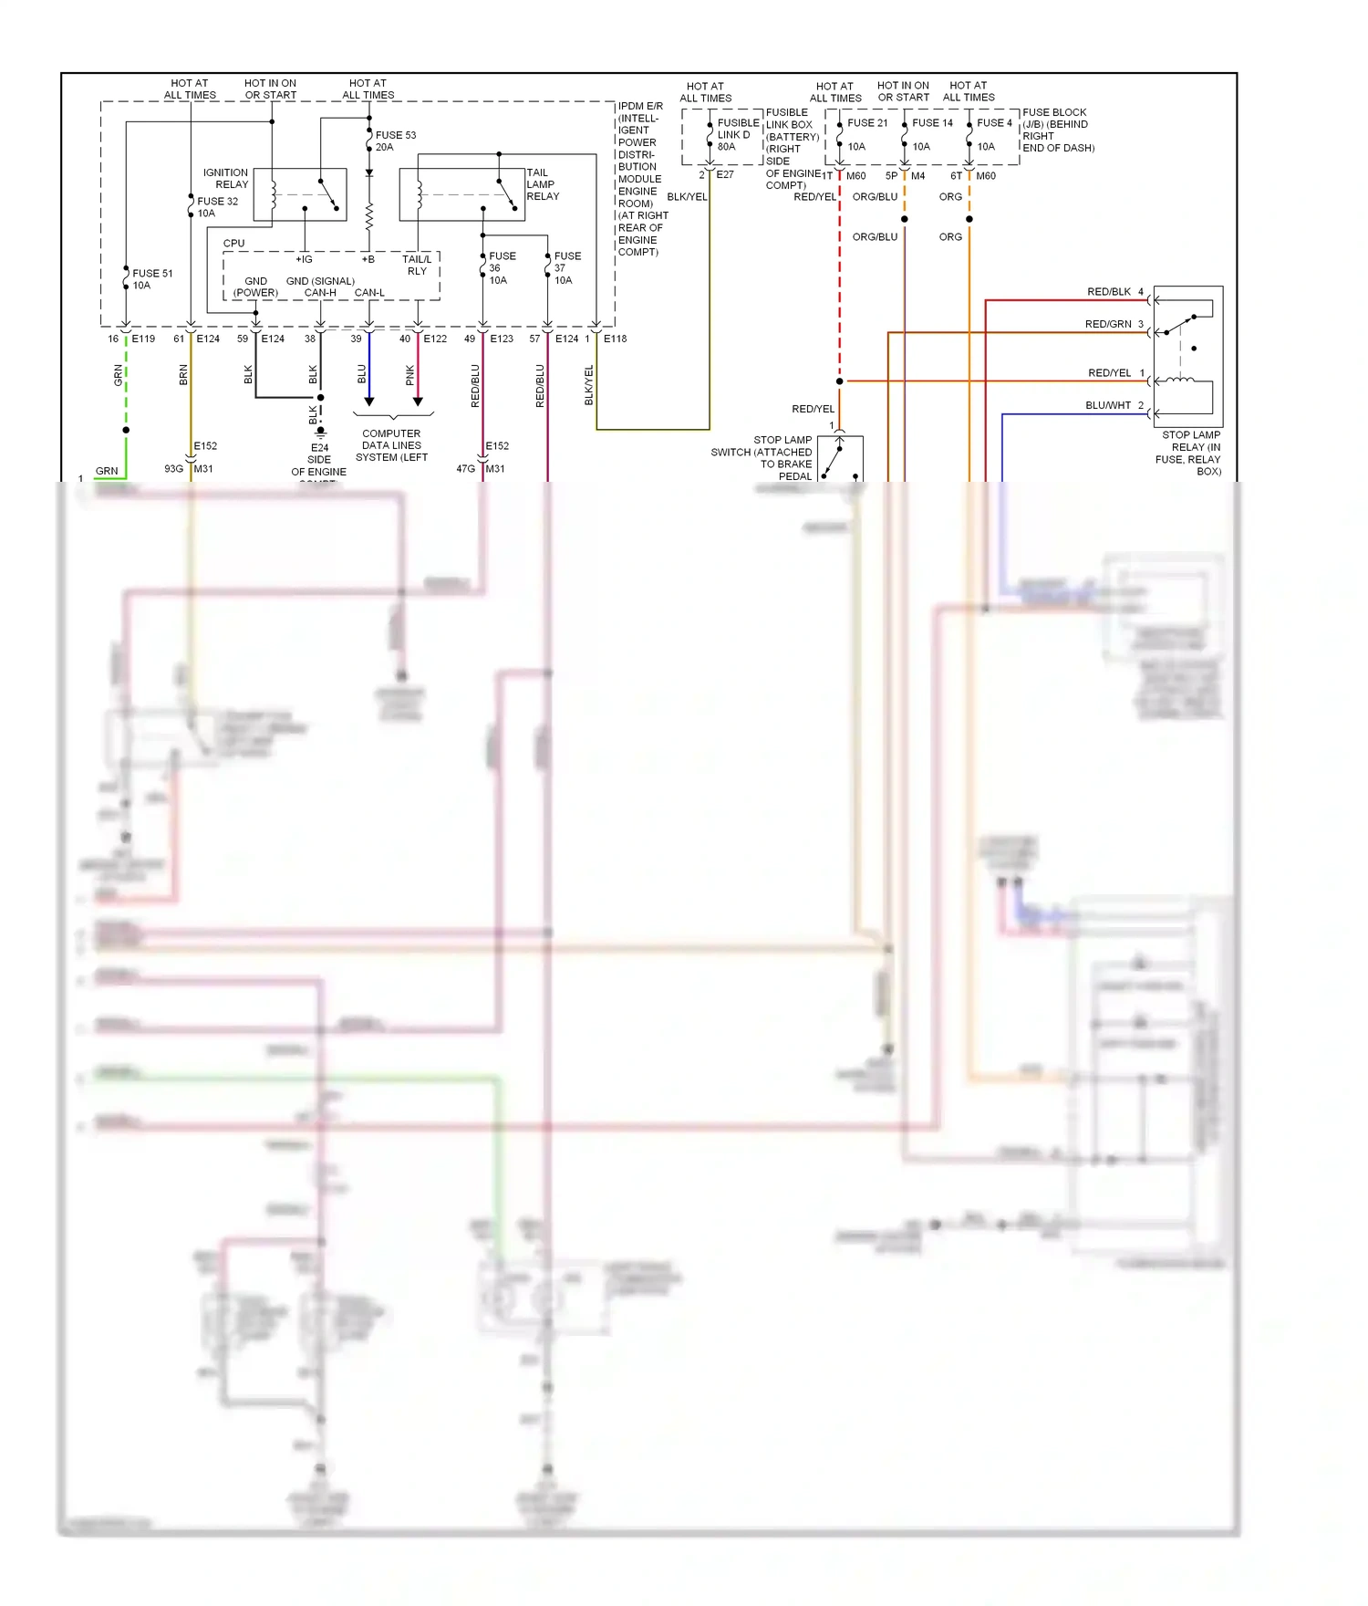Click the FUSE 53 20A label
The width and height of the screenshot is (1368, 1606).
pyautogui.click(x=395, y=141)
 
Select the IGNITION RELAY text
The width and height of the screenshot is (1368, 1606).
pyautogui.click(x=225, y=178)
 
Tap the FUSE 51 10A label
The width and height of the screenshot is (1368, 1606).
pyautogui.click(x=151, y=279)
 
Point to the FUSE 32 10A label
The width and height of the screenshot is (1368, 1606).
pyautogui.click(x=217, y=207)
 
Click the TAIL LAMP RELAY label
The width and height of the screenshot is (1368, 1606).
pyautogui.click(x=542, y=184)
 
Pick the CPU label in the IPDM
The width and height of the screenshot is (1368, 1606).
pyautogui.click(x=233, y=244)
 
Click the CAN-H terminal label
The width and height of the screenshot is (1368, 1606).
pyautogui.click(x=320, y=293)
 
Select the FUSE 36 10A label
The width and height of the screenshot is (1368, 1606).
pyautogui.click(x=502, y=268)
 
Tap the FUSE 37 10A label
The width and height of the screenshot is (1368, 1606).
pyautogui.click(x=566, y=268)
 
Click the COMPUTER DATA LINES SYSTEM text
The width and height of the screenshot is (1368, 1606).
pyautogui.click(x=391, y=445)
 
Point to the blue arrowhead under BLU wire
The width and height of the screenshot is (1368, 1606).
pyautogui.click(x=369, y=401)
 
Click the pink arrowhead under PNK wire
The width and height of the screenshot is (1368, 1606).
pyautogui.click(x=418, y=401)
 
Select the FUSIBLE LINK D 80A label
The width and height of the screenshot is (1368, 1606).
pyautogui.click(x=737, y=134)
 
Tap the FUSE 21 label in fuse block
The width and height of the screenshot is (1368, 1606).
pyautogui.click(x=867, y=122)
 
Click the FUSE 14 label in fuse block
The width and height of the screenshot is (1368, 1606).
pyautogui.click(x=932, y=122)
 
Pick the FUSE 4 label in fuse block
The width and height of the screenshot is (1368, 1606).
pyautogui.click(x=994, y=122)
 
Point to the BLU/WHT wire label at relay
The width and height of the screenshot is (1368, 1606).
pyautogui.click(x=1108, y=405)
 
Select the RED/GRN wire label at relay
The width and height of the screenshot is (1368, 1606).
pyautogui.click(x=1108, y=324)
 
